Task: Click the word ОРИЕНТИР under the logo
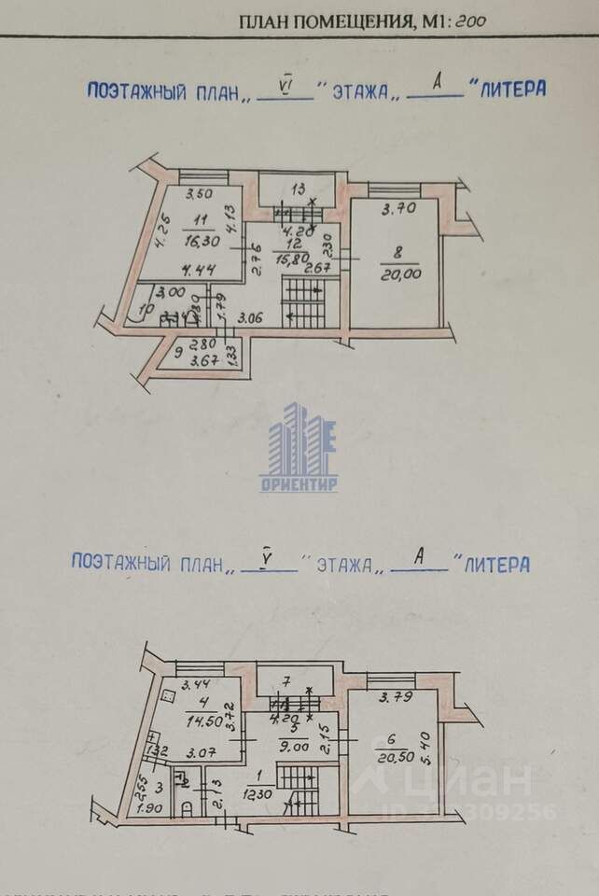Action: [x=299, y=485]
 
